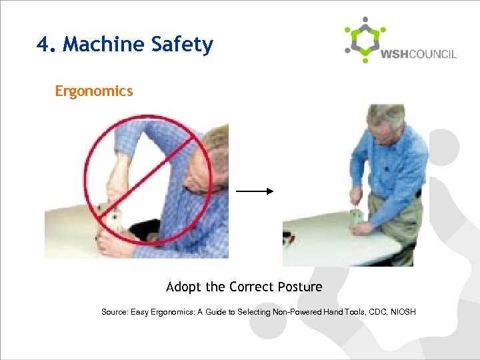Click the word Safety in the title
pos(182,45)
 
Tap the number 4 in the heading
pos(44,45)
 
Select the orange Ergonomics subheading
pos(94,91)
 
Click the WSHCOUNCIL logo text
pos(418,54)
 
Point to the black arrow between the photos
pos(255,191)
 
